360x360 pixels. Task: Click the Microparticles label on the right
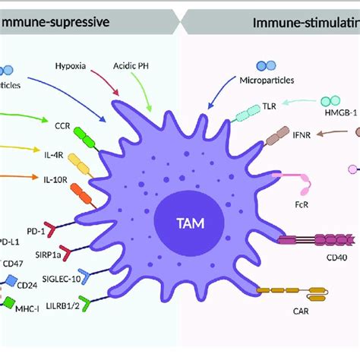(x=262, y=80)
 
